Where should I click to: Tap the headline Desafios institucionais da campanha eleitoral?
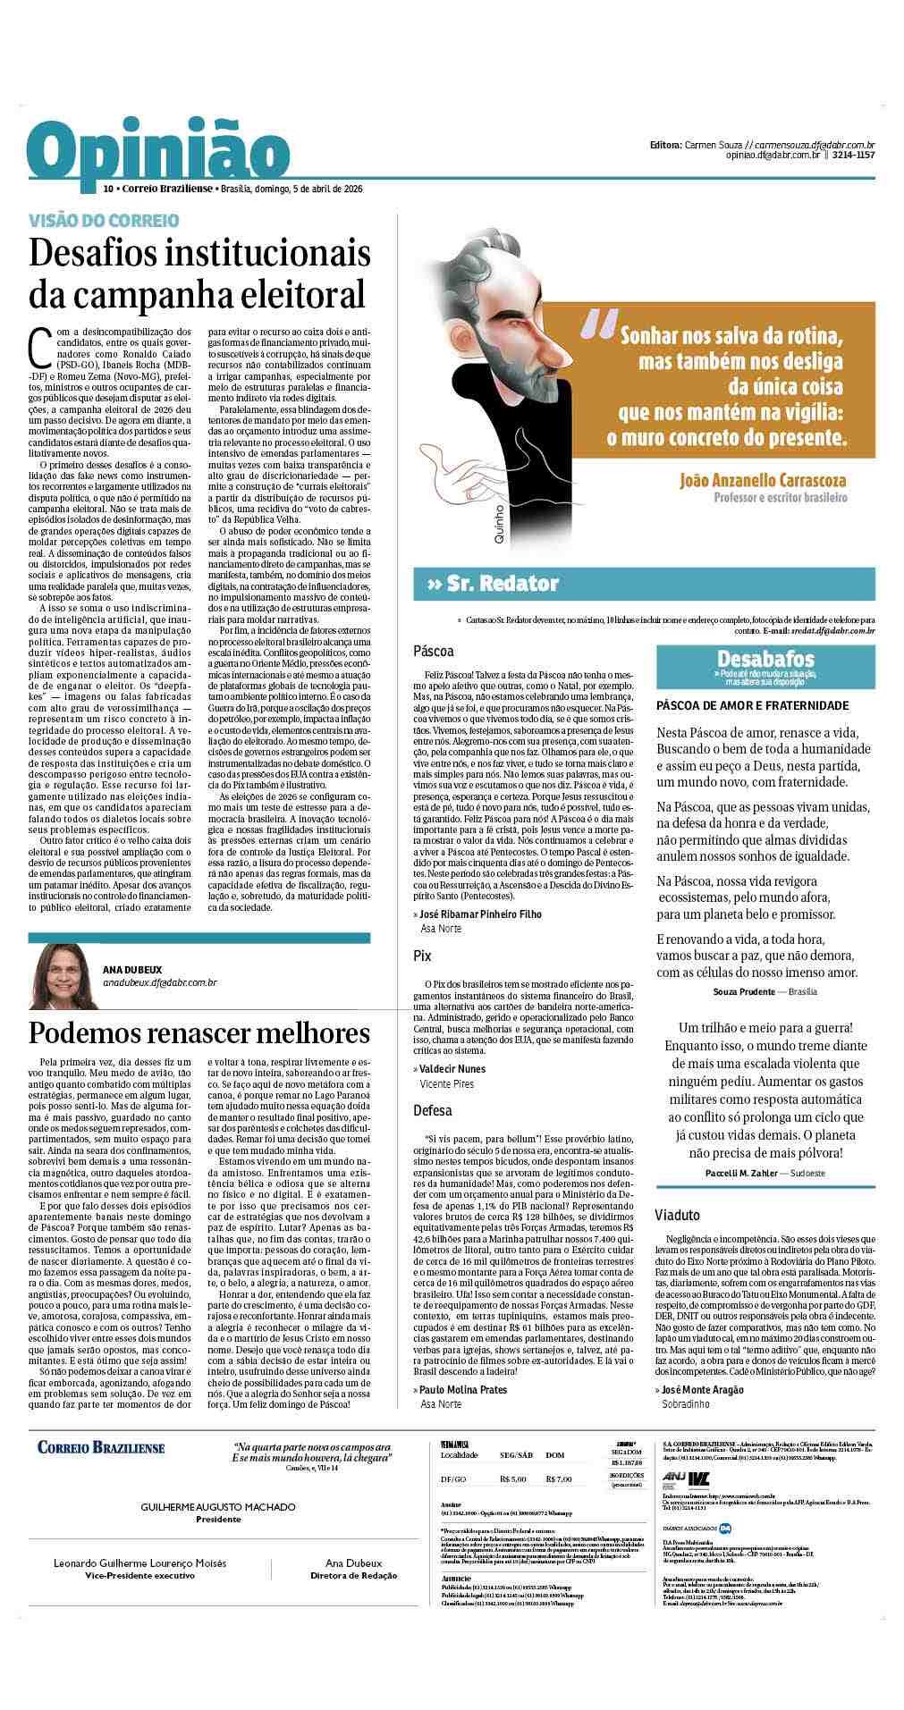199,273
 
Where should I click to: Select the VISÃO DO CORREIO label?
105,220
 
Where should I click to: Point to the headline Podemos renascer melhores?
199,1032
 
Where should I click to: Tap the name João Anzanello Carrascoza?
763,481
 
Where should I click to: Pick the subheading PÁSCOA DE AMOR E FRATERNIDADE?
752,705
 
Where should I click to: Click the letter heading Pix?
422,956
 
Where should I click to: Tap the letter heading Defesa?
433,1110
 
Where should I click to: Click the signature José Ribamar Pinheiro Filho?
481,914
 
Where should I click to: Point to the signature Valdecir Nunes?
453,1068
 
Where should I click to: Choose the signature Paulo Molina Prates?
463,1389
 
